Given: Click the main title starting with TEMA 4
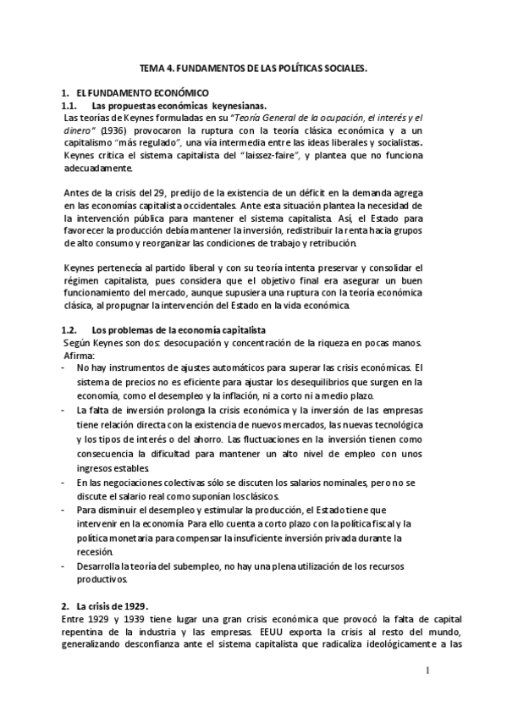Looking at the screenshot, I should click(253, 71).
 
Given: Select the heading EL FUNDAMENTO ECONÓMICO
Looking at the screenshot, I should click(136, 92).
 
